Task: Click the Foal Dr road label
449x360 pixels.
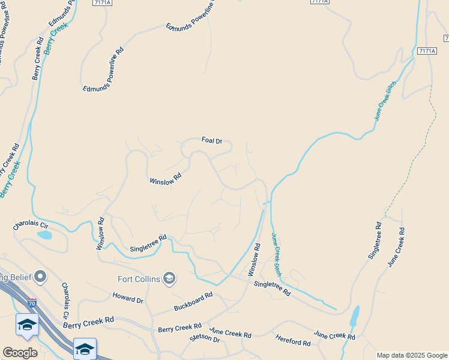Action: [212, 141]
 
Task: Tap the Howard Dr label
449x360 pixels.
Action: [128, 298]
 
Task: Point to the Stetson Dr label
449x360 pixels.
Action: [205, 338]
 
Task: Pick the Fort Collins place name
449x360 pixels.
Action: [139, 279]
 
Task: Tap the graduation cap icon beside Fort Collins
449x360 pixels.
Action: [170, 278]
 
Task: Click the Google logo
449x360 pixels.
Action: [19, 352]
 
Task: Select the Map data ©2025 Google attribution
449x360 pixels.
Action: [412, 355]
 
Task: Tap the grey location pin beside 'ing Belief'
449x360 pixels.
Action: [40, 277]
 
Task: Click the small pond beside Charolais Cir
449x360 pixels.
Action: [45, 235]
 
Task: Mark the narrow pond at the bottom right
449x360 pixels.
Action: [354, 316]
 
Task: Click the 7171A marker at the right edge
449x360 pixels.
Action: [426, 51]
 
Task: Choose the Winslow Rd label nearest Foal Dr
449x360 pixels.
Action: [165, 180]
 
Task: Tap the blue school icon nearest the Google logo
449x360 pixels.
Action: [27, 325]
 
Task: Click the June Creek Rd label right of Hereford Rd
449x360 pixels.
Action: [331, 335]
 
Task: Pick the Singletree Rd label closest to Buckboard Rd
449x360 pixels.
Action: [272, 288]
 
